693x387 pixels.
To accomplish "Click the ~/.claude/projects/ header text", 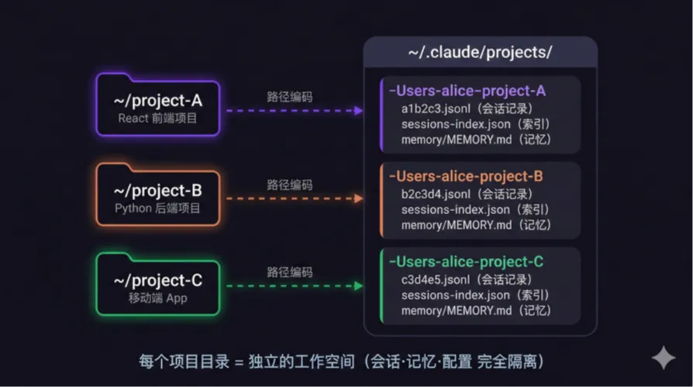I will (x=480, y=53).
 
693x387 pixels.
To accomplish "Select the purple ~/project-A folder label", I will (x=158, y=102).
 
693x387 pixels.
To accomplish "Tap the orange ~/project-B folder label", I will (x=158, y=191).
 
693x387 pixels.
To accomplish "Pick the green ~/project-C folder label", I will (x=158, y=280).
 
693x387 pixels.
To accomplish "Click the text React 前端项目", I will (x=158, y=119).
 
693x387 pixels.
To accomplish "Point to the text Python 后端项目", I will (x=158, y=208).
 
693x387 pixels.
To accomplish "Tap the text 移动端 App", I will (x=158, y=298).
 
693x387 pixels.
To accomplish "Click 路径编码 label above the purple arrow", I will (x=290, y=97).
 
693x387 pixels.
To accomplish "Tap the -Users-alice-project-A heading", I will (x=467, y=91).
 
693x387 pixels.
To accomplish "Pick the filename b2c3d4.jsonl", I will (x=436, y=193).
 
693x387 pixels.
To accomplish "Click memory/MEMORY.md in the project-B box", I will (x=457, y=225).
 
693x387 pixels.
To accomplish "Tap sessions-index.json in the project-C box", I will (x=456, y=295).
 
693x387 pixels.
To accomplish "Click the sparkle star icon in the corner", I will (x=664, y=358).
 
